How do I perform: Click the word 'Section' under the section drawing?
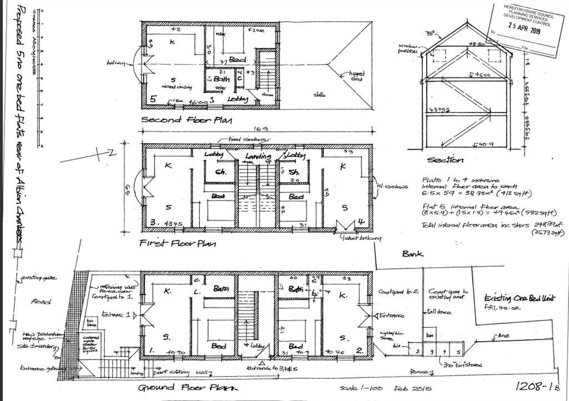coord(445,160)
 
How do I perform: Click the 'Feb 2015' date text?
coord(414,388)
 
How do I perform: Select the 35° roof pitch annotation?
coord(429,34)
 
